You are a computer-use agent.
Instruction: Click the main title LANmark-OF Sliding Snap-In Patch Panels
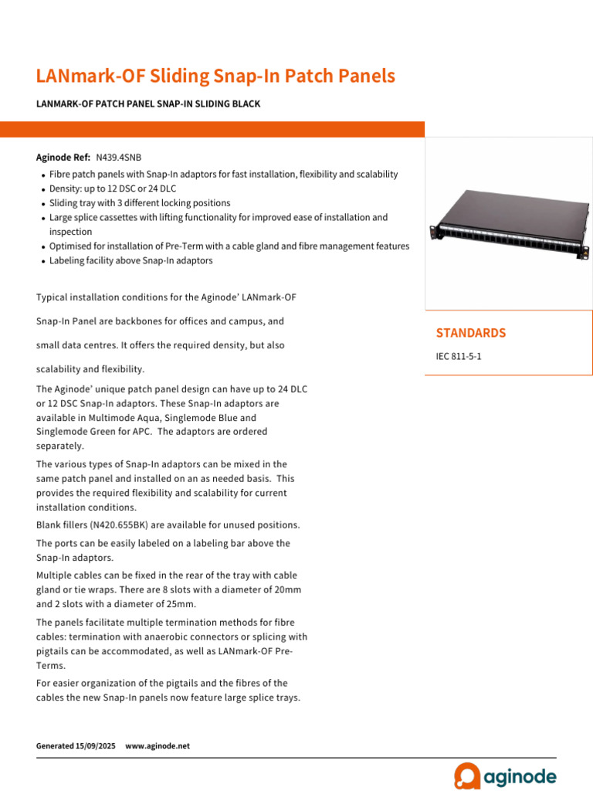tap(215, 76)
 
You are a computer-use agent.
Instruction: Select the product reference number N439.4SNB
tap(118, 157)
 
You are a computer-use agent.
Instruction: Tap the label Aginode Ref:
tap(63, 157)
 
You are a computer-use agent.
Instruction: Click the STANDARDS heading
tap(471, 333)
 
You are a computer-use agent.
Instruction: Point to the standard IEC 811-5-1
tap(459, 357)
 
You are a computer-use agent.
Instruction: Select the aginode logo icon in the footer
tap(467, 776)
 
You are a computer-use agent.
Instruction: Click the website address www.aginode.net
tap(157, 746)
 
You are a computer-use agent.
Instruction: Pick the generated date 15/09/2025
tap(96, 746)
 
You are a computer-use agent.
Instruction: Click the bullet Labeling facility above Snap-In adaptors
tap(130, 261)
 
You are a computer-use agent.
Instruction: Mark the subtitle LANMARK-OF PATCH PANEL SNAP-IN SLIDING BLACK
tap(148, 104)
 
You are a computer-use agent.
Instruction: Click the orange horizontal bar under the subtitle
tap(212, 129)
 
